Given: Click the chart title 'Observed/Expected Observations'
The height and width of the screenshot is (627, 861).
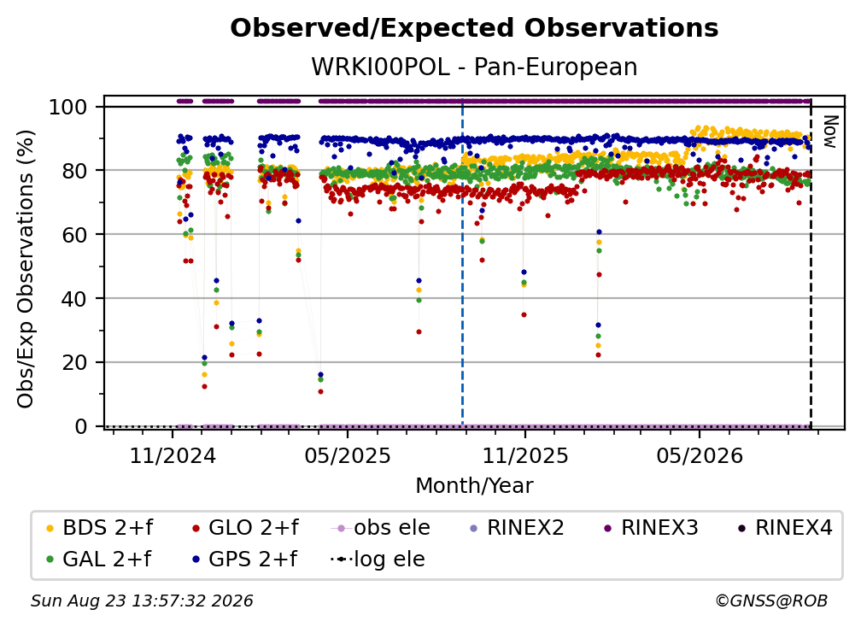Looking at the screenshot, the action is (474, 28).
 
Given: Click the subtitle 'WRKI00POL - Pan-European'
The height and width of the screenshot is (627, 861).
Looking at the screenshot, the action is (474, 67).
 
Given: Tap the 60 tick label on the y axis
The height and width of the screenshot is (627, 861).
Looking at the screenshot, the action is (74, 234).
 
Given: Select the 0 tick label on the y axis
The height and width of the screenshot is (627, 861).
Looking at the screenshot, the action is (81, 426).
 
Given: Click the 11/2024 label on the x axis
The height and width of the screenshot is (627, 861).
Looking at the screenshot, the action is (173, 455).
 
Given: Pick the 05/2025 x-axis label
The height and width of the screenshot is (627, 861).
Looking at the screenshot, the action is (348, 455).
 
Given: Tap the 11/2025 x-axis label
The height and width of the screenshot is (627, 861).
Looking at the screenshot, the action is (525, 455).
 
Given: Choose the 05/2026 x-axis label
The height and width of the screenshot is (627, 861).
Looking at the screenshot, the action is (700, 455).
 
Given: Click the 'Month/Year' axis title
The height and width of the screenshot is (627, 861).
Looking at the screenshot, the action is (474, 486).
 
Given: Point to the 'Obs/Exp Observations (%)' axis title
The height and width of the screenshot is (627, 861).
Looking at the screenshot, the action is (26, 269).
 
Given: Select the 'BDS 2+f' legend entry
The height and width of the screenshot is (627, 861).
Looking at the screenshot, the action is (99, 528).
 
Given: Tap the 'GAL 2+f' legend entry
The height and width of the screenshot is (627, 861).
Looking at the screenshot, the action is (98, 560).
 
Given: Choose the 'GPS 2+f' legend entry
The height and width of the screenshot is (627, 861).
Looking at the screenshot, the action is (244, 560).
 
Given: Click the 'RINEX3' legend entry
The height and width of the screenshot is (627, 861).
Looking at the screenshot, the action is (651, 528).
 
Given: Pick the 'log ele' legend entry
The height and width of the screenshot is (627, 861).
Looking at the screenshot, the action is (378, 560).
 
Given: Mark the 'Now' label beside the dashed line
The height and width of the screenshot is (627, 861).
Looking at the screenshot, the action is (829, 132).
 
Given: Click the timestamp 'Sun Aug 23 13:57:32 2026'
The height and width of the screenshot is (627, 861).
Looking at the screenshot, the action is (142, 601).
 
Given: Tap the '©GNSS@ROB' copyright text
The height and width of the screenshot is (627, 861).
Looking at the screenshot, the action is (771, 601).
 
